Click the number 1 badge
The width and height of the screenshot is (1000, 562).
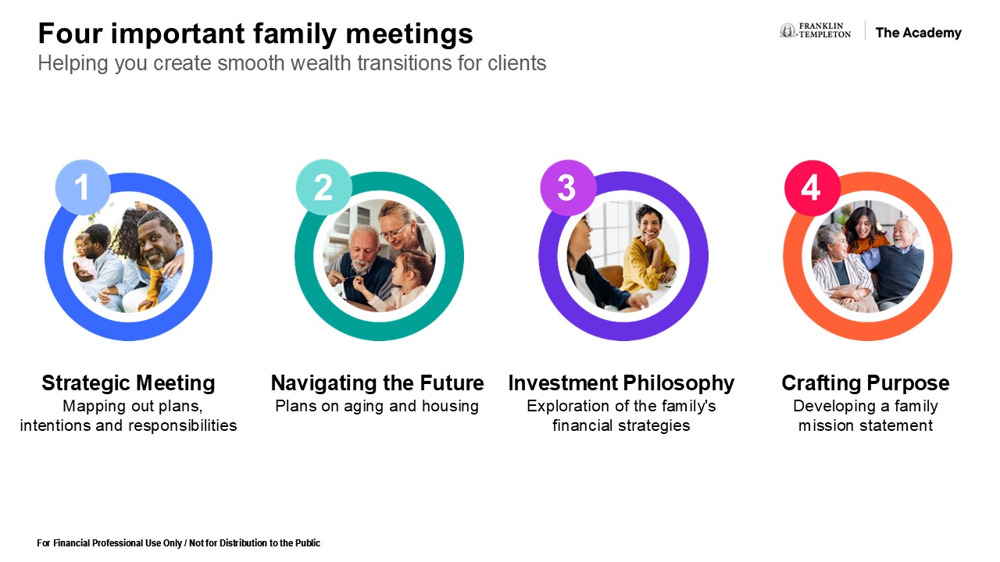(83, 187)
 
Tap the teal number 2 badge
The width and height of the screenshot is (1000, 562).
(323, 187)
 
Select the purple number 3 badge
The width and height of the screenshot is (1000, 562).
(568, 188)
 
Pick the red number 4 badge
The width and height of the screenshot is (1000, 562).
(812, 188)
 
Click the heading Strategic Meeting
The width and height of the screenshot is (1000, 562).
(129, 383)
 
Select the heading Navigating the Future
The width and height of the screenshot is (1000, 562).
(377, 383)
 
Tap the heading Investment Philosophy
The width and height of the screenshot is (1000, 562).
(621, 383)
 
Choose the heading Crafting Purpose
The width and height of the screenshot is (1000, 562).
(865, 383)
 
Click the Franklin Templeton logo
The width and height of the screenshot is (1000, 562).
(815, 30)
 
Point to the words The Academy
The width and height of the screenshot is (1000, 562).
(918, 33)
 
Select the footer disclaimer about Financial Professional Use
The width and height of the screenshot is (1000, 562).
(179, 542)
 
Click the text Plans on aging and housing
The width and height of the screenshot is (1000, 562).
(377, 406)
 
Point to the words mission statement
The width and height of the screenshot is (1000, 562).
(865, 425)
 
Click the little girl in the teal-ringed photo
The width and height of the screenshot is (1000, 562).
(402, 281)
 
